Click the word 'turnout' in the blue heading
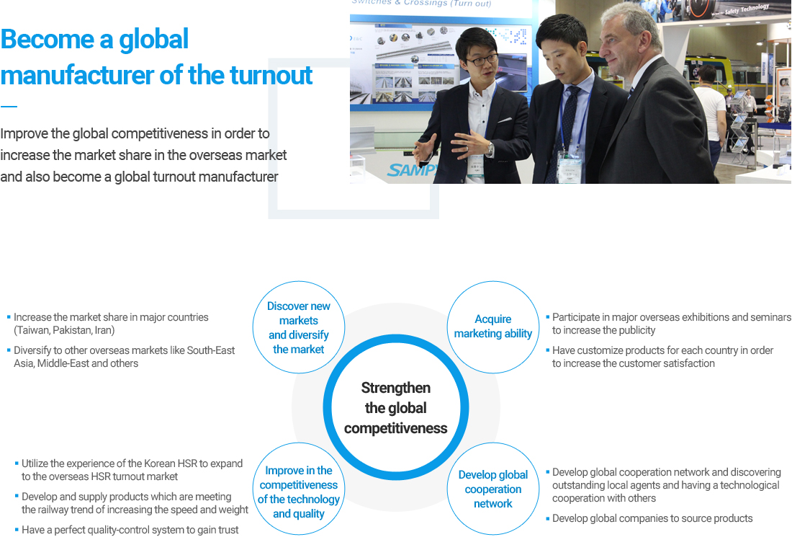pyautogui.click(x=271, y=75)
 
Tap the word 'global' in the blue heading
pyautogui.click(x=153, y=40)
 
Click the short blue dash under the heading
pyautogui.click(x=9, y=106)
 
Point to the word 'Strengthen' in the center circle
pyautogui.click(x=396, y=388)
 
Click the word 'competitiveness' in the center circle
pyautogui.click(x=396, y=428)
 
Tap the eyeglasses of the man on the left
pyautogui.click(x=483, y=60)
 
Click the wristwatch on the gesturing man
pyautogui.click(x=490, y=149)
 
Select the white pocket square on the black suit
pyautogui.click(x=505, y=120)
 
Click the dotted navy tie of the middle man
pyautogui.click(x=564, y=126)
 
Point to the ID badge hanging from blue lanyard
pyautogui.click(x=570, y=167)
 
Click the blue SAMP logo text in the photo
pyautogui.click(x=411, y=170)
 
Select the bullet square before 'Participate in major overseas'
pyautogui.click(x=547, y=317)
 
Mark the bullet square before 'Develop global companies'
pyautogui.click(x=547, y=518)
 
